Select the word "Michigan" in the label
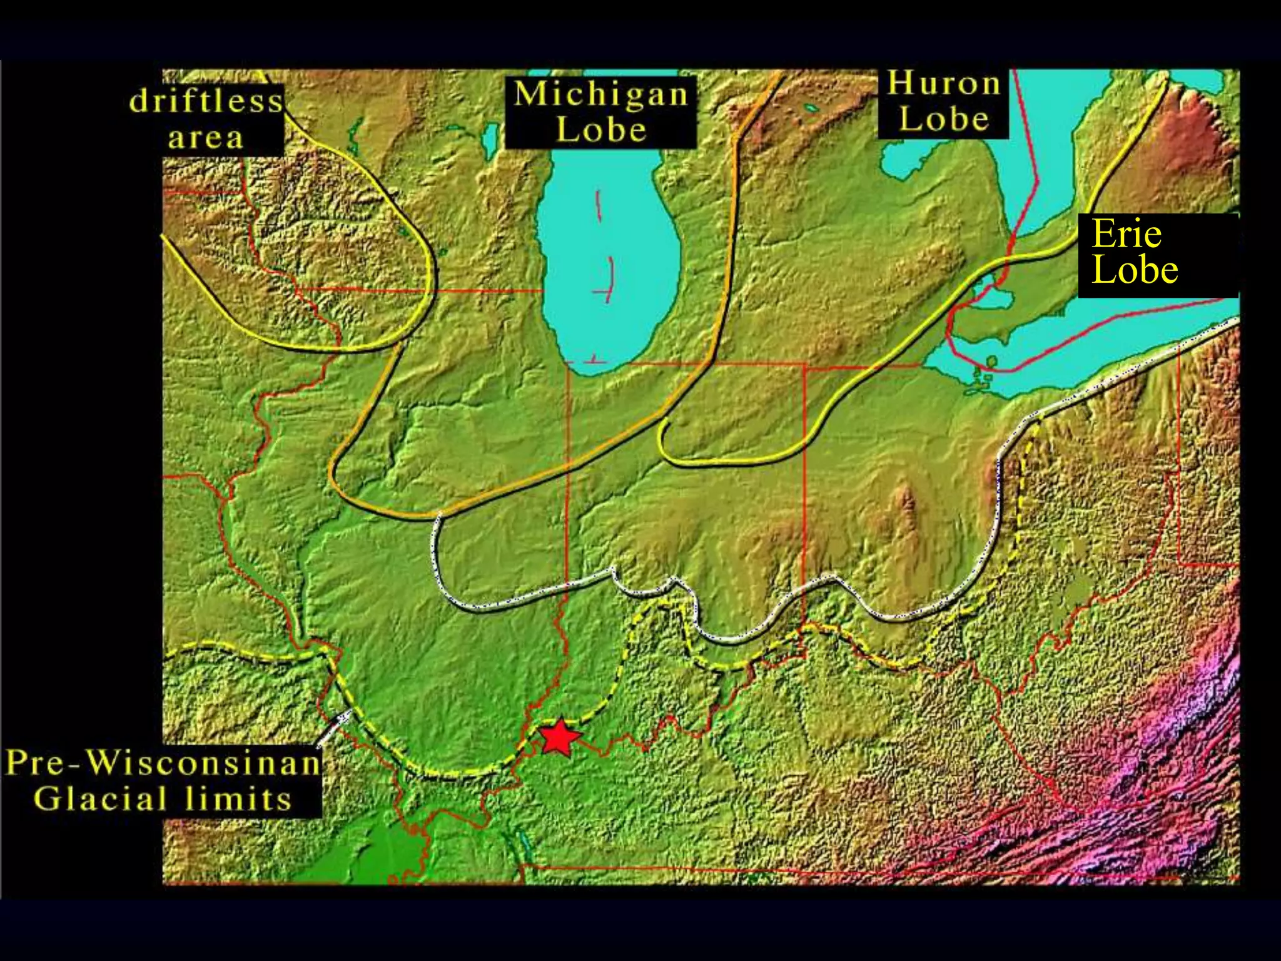pyautogui.click(x=600, y=94)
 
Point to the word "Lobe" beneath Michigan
pyautogui.click(x=601, y=130)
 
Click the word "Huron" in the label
pyautogui.click(x=944, y=84)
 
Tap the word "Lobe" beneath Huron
pyautogui.click(x=944, y=119)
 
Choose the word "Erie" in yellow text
pyautogui.click(x=1127, y=235)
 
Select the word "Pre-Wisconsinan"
pyautogui.click(x=163, y=764)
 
